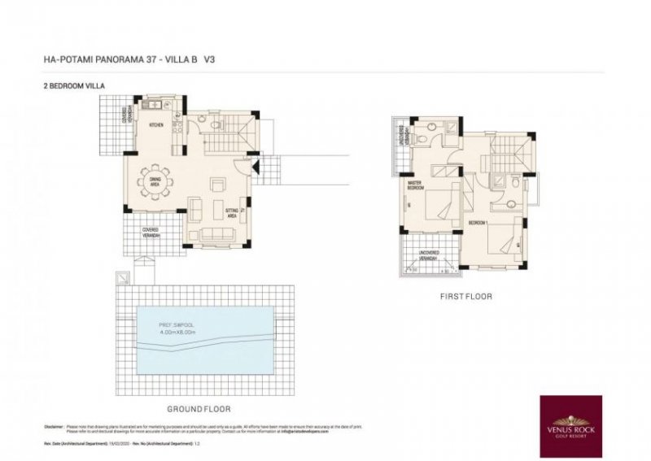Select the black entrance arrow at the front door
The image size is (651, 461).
pos(255,168)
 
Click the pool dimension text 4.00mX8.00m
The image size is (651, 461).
pos(180,331)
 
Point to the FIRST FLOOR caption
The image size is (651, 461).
pos(465,297)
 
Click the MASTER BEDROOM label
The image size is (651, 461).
pos(417,185)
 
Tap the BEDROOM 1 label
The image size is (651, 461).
pos(478,222)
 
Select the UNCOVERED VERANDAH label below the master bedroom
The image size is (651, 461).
pos(429,254)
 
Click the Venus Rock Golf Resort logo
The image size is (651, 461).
pos(570,421)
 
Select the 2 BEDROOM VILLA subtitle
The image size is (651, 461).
pos(75,85)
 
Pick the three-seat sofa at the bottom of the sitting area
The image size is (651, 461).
pos(216,236)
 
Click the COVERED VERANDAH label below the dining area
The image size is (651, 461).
pos(151,232)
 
